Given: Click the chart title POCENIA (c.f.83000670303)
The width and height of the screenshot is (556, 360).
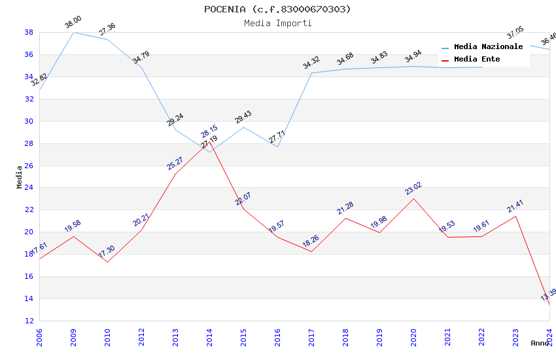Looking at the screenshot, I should click(x=277, y=9).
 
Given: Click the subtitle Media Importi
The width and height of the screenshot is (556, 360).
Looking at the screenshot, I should click(x=277, y=23).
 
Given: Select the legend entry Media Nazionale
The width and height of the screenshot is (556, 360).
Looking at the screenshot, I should click(x=488, y=47).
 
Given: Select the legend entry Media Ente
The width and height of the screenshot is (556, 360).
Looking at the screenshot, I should click(x=477, y=60).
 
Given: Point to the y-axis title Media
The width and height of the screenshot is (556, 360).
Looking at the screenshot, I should click(x=20, y=177).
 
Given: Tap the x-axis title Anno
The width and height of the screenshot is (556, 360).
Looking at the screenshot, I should click(x=540, y=343).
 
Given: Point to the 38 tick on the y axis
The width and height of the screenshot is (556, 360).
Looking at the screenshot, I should click(x=29, y=32).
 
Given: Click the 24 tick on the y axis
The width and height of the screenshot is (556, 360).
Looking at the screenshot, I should click(x=29, y=188).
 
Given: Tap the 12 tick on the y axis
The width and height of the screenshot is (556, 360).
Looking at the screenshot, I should click(x=29, y=321).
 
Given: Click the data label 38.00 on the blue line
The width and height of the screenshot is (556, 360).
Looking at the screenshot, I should click(x=73, y=23).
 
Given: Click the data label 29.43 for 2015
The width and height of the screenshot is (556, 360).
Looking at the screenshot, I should click(x=243, y=117).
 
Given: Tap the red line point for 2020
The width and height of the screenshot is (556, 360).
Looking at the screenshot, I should click(x=413, y=198).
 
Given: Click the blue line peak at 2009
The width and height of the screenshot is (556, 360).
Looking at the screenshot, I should click(x=73, y=32).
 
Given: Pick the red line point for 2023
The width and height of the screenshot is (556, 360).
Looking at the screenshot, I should click(x=515, y=216).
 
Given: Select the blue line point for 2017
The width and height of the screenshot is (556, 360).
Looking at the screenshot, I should click(x=311, y=73).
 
